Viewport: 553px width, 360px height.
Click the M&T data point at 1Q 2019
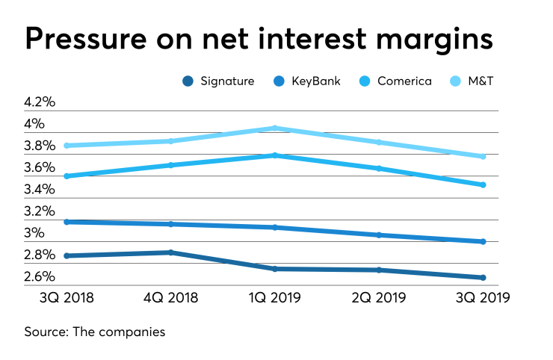click(x=276, y=128)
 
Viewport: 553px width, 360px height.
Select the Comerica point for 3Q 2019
click(x=484, y=184)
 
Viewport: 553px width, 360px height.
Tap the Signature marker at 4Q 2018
click(x=171, y=252)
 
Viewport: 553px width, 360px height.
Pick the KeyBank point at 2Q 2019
click(x=380, y=235)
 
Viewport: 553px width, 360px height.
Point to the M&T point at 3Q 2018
click(x=67, y=146)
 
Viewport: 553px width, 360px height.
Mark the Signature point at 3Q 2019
click(x=484, y=278)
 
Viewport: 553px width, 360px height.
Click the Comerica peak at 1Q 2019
click(x=276, y=155)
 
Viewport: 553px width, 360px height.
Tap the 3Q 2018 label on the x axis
click(x=67, y=298)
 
